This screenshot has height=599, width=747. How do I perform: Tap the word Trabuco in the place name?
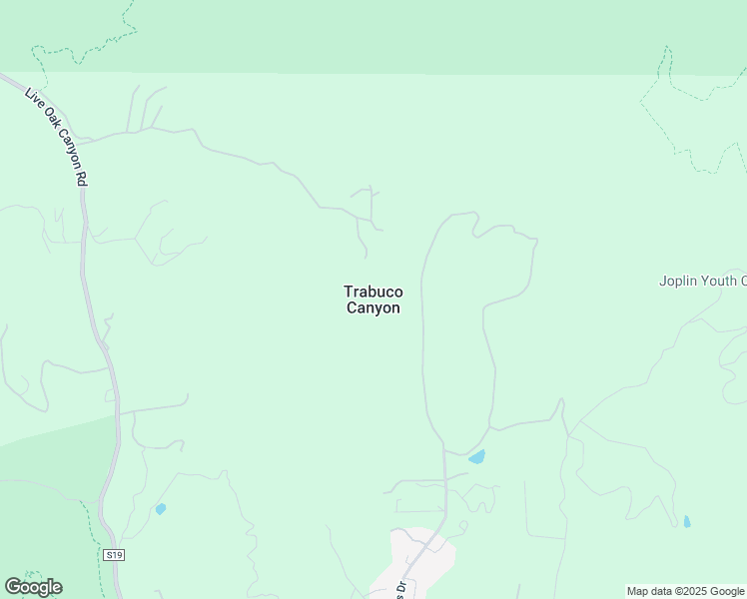(x=373, y=292)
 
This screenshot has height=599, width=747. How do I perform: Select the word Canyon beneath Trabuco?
(x=373, y=308)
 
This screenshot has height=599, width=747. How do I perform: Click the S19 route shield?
(x=113, y=554)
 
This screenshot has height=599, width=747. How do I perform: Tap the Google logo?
(x=34, y=587)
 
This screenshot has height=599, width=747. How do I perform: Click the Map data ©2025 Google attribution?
(x=685, y=591)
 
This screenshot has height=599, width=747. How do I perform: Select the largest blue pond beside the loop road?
(x=476, y=457)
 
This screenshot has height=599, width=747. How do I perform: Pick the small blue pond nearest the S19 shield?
(x=160, y=509)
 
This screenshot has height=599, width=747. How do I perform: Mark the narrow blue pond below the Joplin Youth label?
(x=686, y=521)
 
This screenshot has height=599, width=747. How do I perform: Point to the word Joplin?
(x=676, y=281)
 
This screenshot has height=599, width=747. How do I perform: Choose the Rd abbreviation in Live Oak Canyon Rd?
(x=80, y=176)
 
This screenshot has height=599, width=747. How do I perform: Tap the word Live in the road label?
(x=33, y=97)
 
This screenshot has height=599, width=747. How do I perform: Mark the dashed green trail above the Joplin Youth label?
(x=689, y=110)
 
